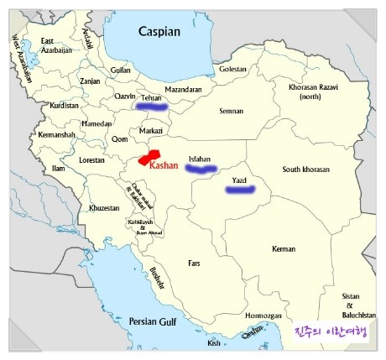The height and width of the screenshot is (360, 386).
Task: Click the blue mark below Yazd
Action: click(x=241, y=190)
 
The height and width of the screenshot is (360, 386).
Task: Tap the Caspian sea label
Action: click(x=159, y=32)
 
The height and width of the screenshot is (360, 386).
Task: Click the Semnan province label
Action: click(x=231, y=111)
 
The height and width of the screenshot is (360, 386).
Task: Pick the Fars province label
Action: click(x=195, y=263)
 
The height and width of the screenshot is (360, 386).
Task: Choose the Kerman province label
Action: click(x=284, y=249)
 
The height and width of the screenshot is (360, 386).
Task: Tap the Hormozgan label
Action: click(x=263, y=316)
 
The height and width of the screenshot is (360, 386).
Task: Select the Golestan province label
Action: click(x=232, y=69)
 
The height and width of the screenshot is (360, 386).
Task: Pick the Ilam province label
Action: click(x=59, y=169)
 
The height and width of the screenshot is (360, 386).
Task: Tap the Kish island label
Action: click(x=214, y=343)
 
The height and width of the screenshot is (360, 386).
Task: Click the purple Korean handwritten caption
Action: click(x=331, y=333)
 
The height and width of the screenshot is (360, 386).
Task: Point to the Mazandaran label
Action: click(x=184, y=88)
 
